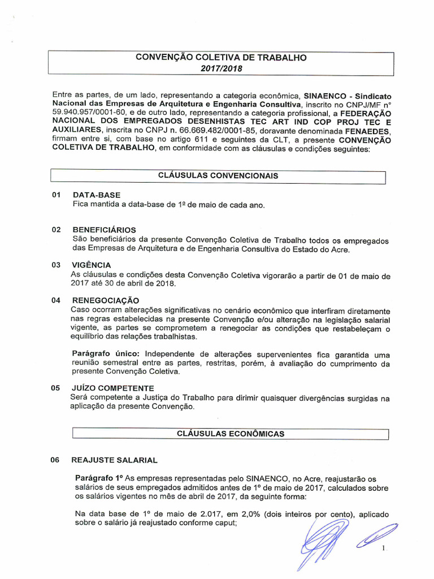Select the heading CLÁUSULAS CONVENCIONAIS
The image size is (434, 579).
218,176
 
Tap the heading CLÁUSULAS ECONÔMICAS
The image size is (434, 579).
231,434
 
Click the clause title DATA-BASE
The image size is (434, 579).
96,195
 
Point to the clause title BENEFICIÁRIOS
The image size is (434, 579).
104,230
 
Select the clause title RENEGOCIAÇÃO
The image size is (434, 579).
105,300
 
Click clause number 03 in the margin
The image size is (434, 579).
56,265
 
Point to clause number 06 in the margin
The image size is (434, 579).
55,460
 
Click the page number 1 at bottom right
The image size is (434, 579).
383,548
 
